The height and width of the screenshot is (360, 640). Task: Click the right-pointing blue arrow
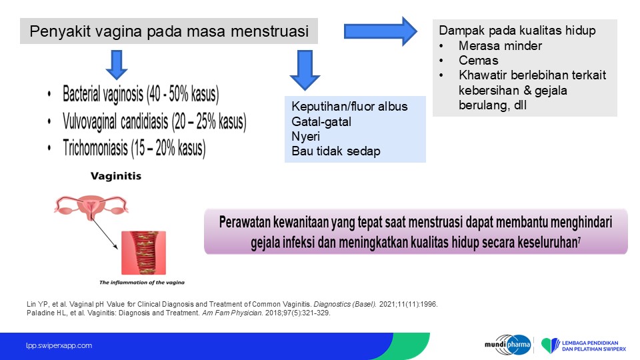pyautogui.click(x=381, y=31)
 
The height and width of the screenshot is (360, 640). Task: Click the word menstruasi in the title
pyautogui.click(x=269, y=31)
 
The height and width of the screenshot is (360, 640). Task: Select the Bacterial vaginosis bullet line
pyautogui.click(x=141, y=94)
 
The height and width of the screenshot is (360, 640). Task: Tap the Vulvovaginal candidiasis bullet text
pyautogui.click(x=154, y=121)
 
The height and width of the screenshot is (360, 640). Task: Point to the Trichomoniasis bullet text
pyautogui.click(x=134, y=148)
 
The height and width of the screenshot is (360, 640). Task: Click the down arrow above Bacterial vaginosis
pyautogui.click(x=117, y=65)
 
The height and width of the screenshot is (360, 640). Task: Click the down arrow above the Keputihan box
pyautogui.click(x=305, y=70)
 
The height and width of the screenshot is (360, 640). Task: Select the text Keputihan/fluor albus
pyautogui.click(x=349, y=107)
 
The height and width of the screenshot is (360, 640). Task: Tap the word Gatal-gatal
pyautogui.click(x=321, y=121)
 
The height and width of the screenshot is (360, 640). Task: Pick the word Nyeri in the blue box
pyautogui.click(x=306, y=136)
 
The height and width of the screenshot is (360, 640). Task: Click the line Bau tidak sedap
pyautogui.click(x=336, y=151)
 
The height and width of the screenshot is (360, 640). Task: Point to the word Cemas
pyautogui.click(x=479, y=61)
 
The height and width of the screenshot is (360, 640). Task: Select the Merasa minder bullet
pyautogui.click(x=500, y=46)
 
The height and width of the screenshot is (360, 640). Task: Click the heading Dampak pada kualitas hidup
pyautogui.click(x=517, y=30)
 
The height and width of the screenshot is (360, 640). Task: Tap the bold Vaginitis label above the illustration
pyautogui.click(x=116, y=176)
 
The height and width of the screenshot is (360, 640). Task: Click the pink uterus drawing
pyautogui.click(x=91, y=207)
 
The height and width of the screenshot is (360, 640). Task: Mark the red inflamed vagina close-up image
pyautogui.click(x=144, y=253)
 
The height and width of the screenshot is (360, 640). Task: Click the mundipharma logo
pyautogui.click(x=508, y=345)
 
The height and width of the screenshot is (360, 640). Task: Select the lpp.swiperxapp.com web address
pyautogui.click(x=59, y=345)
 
